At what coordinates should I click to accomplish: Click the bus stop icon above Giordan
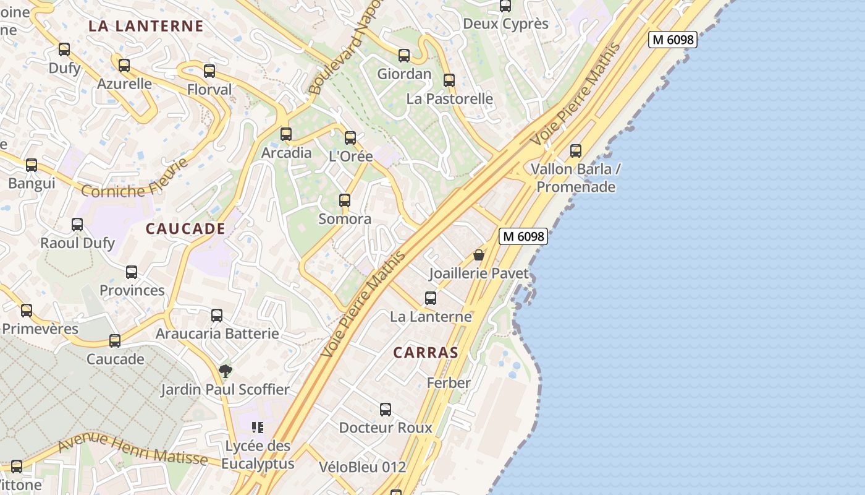(x=404, y=56)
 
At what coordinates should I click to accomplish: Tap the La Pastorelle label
(x=449, y=99)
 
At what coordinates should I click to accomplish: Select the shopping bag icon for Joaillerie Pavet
(x=479, y=254)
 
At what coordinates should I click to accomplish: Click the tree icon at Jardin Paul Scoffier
(x=226, y=371)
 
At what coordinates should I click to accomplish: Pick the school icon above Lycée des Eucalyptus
(x=258, y=428)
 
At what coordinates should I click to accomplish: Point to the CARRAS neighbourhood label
(x=426, y=353)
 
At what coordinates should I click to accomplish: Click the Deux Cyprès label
(x=505, y=24)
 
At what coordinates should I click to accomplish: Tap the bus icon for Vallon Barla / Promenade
(x=576, y=150)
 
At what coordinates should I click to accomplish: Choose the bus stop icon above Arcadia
(x=286, y=134)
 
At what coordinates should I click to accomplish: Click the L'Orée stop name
(x=350, y=157)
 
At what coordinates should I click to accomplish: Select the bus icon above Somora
(x=345, y=200)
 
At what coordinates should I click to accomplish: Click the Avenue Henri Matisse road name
(x=132, y=449)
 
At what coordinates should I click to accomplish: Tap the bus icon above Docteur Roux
(x=386, y=410)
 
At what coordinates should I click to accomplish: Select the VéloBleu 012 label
(x=363, y=467)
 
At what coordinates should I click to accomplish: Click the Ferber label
(x=449, y=383)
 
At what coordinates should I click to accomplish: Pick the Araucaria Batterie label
(x=217, y=334)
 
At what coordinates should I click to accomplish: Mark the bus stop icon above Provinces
(x=132, y=272)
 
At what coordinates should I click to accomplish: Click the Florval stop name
(x=209, y=90)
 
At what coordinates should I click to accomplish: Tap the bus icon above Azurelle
(x=124, y=65)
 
